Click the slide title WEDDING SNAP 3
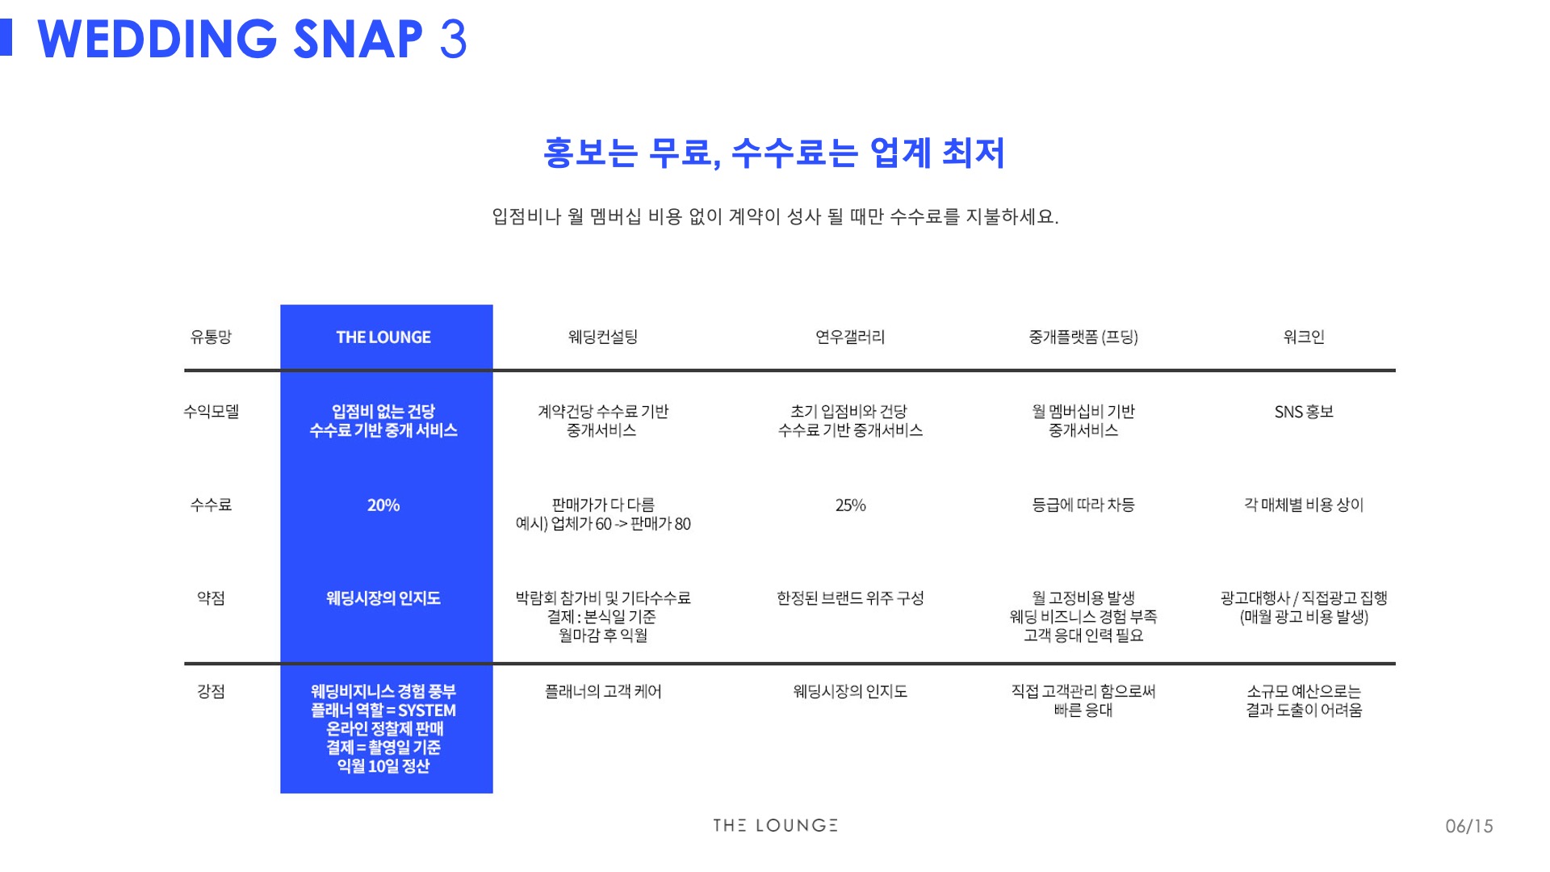[x=252, y=39]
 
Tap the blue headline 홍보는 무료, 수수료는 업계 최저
[x=774, y=153]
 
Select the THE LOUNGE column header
[x=383, y=337]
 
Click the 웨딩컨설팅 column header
[x=602, y=337]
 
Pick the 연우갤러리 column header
[x=850, y=337]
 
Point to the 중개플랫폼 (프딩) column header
[x=1083, y=337]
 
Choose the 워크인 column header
[x=1304, y=337]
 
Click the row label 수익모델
[x=211, y=412]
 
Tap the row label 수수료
[x=211, y=505]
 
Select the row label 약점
[x=211, y=598]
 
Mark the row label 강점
[x=211, y=692]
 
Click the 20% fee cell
[x=383, y=505]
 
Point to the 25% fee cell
[x=850, y=505]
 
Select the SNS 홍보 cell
[x=1304, y=412]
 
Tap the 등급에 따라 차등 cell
[x=1083, y=505]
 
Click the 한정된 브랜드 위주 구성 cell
[x=850, y=598]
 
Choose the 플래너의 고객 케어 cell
[x=602, y=692]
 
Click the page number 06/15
[x=1468, y=826]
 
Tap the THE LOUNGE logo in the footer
[x=775, y=825]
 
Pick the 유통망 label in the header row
[x=211, y=337]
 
